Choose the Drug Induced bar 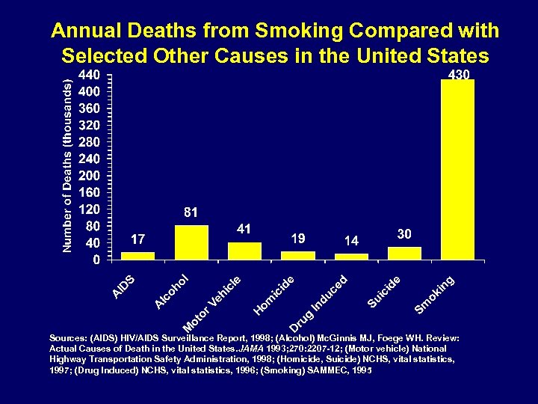click(351, 257)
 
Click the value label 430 click(458, 75)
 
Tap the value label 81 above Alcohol click(191, 213)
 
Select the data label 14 click(351, 241)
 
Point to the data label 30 click(404, 234)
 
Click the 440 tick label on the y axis click(90, 76)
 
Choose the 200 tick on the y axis click(90, 176)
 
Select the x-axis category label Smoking click(435, 295)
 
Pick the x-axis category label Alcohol click(173, 292)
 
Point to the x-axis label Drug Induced click(319, 304)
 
